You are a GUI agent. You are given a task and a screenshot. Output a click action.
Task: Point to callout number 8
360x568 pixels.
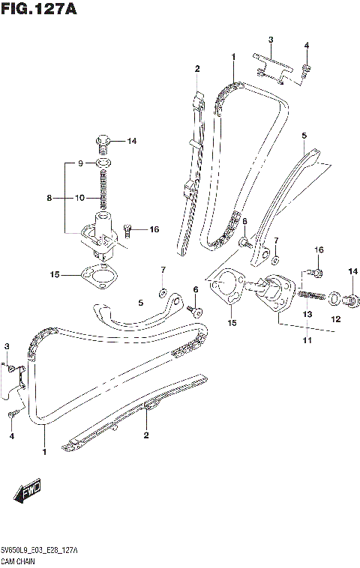(x=49, y=199)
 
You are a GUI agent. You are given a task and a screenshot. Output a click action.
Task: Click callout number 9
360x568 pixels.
(x=81, y=163)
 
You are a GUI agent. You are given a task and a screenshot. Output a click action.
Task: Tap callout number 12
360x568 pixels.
(x=336, y=319)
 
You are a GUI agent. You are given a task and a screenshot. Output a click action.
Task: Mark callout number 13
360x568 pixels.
(x=306, y=315)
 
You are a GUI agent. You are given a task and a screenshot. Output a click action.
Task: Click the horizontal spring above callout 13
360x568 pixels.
(x=312, y=297)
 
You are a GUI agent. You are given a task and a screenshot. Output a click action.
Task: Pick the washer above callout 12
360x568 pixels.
(x=333, y=298)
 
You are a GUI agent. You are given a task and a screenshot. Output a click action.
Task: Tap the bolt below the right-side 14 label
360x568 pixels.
(x=349, y=300)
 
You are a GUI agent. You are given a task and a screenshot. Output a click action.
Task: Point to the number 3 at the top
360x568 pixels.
(x=271, y=39)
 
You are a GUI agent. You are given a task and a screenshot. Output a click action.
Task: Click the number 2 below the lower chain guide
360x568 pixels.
(x=146, y=435)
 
